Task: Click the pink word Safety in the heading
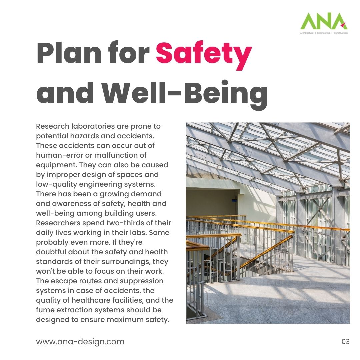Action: point(204,54)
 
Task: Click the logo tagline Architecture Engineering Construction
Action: point(324,33)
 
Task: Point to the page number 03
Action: point(346,342)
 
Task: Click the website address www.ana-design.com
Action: point(80,342)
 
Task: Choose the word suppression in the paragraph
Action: point(144,281)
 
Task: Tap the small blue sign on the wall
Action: point(234,200)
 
